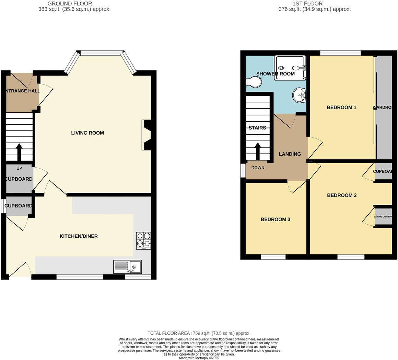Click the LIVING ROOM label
[x=87, y=133]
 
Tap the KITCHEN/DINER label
[x=79, y=236]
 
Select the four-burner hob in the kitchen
[x=143, y=240]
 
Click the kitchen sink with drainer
[x=127, y=267]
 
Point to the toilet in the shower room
[x=254, y=82]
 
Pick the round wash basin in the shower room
[x=299, y=94]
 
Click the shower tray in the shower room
[x=290, y=68]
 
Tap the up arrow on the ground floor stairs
[x=19, y=151]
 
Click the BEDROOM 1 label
[x=341, y=108]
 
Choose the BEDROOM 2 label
[x=342, y=195]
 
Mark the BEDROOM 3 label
[x=276, y=220]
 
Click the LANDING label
[x=290, y=154]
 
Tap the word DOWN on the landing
[x=258, y=168]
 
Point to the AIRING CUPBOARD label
[x=383, y=217]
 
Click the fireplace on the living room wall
[x=147, y=135]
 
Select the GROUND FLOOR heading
[x=70, y=3]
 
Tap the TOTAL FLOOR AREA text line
[x=199, y=333]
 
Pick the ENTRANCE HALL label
[x=22, y=91]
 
